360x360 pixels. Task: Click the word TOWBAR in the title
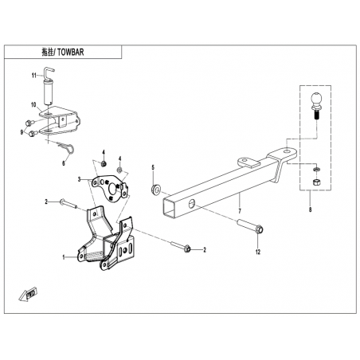(x=70, y=52)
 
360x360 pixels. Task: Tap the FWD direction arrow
(x=28, y=294)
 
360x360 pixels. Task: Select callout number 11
(x=33, y=76)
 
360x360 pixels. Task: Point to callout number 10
(x=33, y=105)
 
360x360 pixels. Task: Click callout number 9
(x=22, y=132)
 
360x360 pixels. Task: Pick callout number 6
(x=64, y=163)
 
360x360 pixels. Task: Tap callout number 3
(x=79, y=180)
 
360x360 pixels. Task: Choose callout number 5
(x=153, y=167)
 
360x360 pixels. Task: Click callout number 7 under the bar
(x=240, y=211)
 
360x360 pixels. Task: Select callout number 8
(x=310, y=209)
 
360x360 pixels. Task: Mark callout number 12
(x=258, y=252)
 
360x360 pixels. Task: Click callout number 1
(x=64, y=257)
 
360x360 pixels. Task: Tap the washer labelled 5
(x=155, y=190)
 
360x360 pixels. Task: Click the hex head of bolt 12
(x=260, y=229)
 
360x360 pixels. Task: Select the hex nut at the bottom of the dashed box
(x=316, y=182)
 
